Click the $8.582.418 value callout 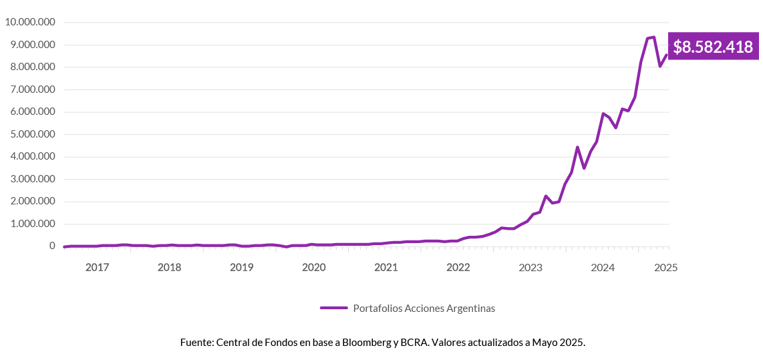pos(712,47)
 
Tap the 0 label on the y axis pos(51,246)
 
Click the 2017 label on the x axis pos(97,268)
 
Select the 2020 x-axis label pos(313,268)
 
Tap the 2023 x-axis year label pos(530,268)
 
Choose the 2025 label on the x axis pos(665,268)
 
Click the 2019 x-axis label pos(241,268)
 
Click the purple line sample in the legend pos(333,308)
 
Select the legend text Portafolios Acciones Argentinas pos(424,308)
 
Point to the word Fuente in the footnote pos(196,342)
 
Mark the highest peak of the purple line pos(653,37)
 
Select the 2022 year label pos(458,268)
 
